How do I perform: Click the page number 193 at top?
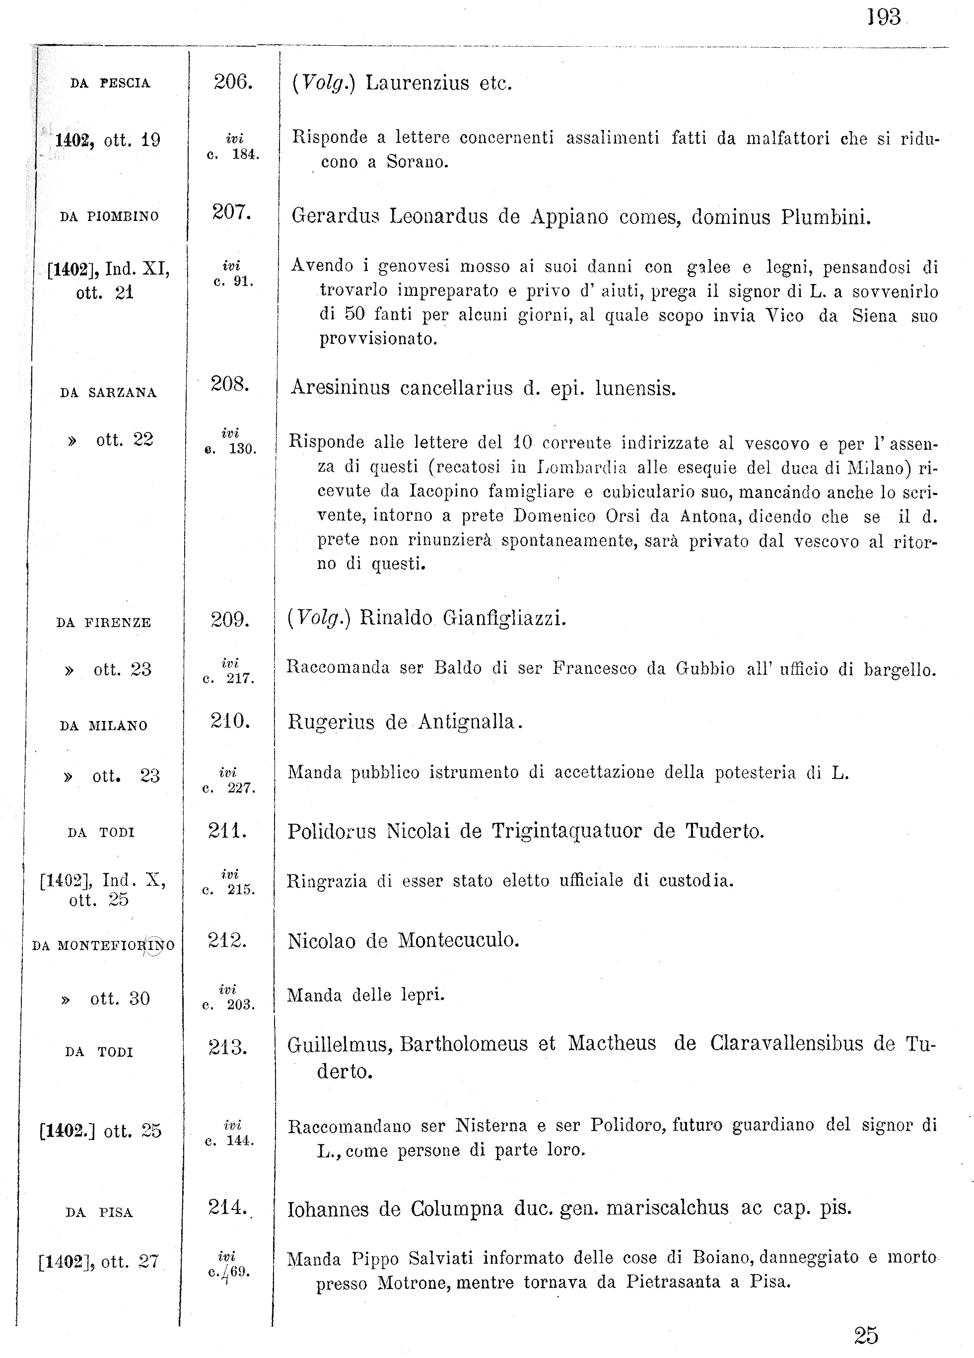coord(883,17)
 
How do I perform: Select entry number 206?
coord(233,82)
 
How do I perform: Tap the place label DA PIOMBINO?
coord(110,217)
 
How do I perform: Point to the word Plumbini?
coord(826,217)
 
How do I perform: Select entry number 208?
coord(229,384)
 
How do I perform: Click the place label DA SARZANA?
coord(108,393)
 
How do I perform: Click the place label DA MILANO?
coord(104,726)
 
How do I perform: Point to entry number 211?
coord(227,831)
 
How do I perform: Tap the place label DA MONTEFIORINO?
coord(103,946)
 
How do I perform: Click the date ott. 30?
coord(120,999)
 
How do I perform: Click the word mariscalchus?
coord(668,1209)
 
